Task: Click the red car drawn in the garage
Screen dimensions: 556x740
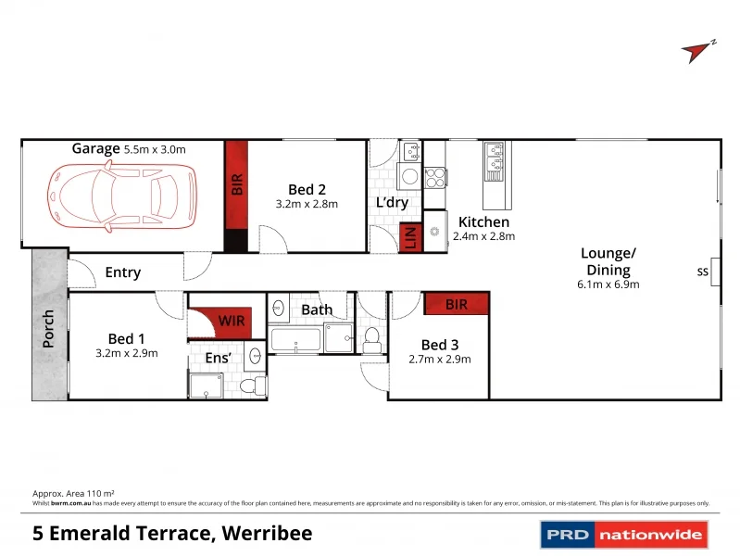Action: pyautogui.click(x=122, y=194)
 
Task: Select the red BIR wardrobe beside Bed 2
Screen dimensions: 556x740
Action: pyautogui.click(x=236, y=184)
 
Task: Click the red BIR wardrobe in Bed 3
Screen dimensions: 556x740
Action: pyautogui.click(x=456, y=303)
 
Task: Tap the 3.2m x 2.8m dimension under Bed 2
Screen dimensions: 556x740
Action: pyautogui.click(x=307, y=204)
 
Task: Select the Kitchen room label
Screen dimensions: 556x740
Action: pyautogui.click(x=483, y=222)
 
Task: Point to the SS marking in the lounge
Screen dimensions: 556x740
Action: pyautogui.click(x=701, y=272)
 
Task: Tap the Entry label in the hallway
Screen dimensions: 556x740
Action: pyautogui.click(x=122, y=272)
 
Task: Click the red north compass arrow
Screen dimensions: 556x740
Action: pyautogui.click(x=697, y=52)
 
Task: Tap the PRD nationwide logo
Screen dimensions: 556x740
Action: pyautogui.click(x=623, y=534)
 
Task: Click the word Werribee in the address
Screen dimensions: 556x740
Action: pyautogui.click(x=266, y=533)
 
